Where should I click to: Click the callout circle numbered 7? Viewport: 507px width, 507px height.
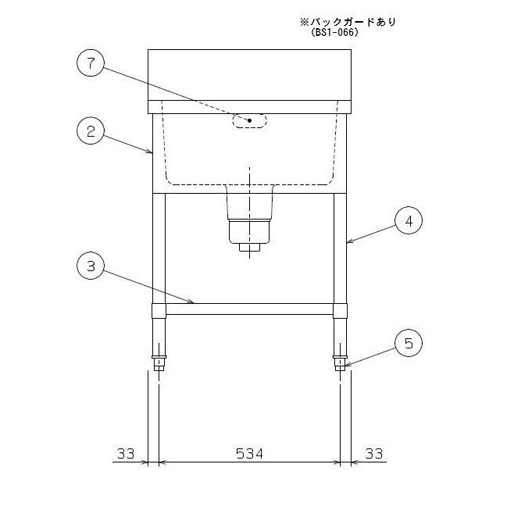pyautogui.click(x=91, y=62)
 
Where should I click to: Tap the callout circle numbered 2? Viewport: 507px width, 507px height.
pyautogui.click(x=91, y=131)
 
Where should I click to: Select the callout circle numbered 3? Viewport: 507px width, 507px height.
pyautogui.click(x=91, y=266)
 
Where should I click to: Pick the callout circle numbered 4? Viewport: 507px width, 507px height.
pyautogui.click(x=409, y=220)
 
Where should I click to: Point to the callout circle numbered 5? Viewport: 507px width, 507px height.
pyautogui.click(x=409, y=343)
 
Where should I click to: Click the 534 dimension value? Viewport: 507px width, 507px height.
pyautogui.click(x=249, y=454)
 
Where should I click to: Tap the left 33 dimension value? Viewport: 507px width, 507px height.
pyautogui.click(x=126, y=454)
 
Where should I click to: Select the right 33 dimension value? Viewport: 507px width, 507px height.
pyautogui.click(x=374, y=454)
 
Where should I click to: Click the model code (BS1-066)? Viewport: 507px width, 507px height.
pyautogui.click(x=335, y=32)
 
